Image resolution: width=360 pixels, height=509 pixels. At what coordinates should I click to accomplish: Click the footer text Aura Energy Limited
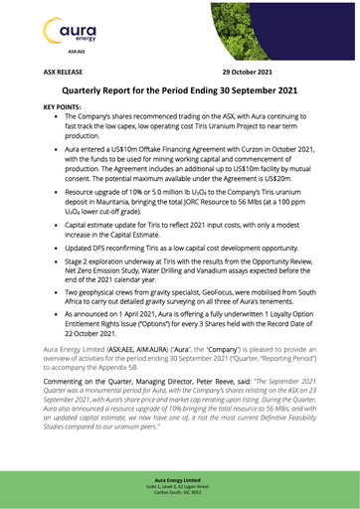pos(180,479)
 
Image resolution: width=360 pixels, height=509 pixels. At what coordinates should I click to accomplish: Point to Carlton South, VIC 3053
pos(180,494)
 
